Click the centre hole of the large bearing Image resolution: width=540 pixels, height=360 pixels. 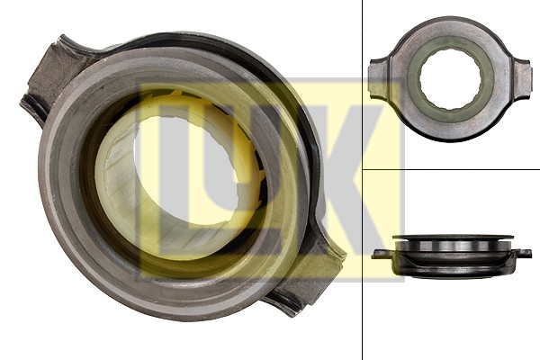pyautogui.click(x=186, y=169)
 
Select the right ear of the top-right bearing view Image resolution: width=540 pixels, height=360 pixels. pyautogui.click(x=522, y=80)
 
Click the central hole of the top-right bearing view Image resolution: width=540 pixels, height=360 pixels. pyautogui.click(x=451, y=79)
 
